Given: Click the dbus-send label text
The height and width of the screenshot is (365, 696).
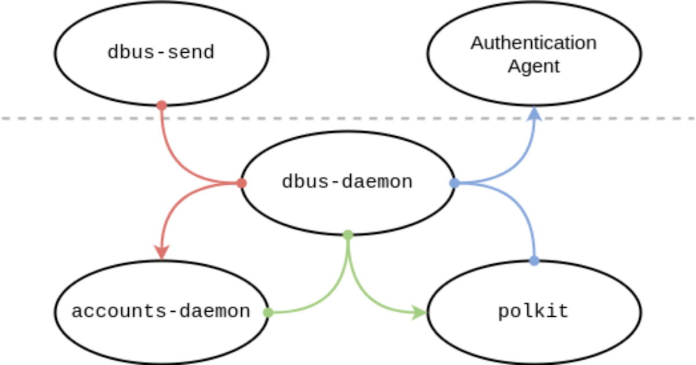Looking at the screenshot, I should [161, 53].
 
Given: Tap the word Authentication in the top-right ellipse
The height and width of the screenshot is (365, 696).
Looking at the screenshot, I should [533, 43].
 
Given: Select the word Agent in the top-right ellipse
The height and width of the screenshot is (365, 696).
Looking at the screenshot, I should [534, 66].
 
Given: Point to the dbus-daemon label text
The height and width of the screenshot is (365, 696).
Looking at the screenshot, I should [347, 182].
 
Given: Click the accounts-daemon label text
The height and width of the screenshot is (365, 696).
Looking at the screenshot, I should [161, 312].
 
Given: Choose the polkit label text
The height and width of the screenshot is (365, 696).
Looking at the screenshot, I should [533, 312].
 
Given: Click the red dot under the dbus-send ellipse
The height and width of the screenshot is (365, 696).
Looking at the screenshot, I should [162, 105].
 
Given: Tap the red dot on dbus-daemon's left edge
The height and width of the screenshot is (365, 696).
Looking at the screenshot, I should [242, 183].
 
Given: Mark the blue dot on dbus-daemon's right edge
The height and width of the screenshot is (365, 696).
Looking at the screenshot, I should [455, 183].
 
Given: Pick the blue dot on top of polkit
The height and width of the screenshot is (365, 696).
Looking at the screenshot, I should [534, 261].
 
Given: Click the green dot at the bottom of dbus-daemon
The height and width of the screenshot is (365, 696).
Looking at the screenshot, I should [348, 235].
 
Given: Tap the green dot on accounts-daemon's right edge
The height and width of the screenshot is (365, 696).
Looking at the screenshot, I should [268, 312].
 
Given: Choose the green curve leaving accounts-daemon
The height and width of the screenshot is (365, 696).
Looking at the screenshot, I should [325, 301].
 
